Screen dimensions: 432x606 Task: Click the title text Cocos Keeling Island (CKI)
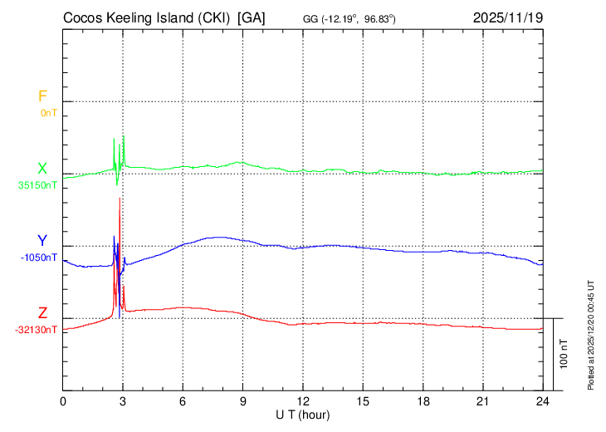pyautogui.click(x=146, y=17)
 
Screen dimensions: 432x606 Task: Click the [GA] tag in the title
pyautogui.click(x=251, y=17)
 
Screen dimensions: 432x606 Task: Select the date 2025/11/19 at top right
pyautogui.click(x=507, y=17)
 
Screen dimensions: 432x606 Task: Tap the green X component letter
pyautogui.click(x=42, y=169)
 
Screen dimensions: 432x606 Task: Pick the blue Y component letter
pyautogui.click(x=42, y=241)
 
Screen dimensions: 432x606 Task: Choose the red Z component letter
pyautogui.click(x=42, y=313)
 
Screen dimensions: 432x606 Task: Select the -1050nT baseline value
pyautogui.click(x=39, y=258)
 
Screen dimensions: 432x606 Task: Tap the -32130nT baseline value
pyautogui.click(x=37, y=330)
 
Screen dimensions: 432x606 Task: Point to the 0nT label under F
pyautogui.click(x=48, y=113)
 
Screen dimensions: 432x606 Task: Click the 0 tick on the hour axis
pyautogui.click(x=64, y=401)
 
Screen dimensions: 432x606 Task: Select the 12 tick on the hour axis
pyautogui.click(x=303, y=401)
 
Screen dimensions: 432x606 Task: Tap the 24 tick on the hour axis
pyautogui.click(x=542, y=401)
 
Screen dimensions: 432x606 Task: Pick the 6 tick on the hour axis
pyautogui.click(x=183, y=401)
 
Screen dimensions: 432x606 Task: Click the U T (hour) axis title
pyautogui.click(x=302, y=414)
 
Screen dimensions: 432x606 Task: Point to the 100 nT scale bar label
pyautogui.click(x=564, y=354)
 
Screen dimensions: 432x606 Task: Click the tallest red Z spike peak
pyautogui.click(x=120, y=198)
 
